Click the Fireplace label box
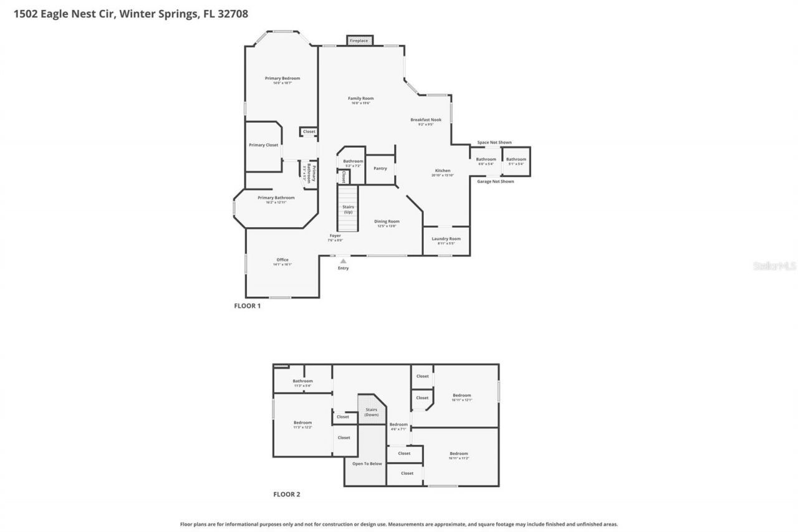358,41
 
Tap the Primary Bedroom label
282,79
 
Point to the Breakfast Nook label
426,120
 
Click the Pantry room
380,168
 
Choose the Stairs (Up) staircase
348,210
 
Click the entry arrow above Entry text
343,261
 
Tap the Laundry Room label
446,239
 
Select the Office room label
282,260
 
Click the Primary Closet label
263,145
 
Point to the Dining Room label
387,221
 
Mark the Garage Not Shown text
495,181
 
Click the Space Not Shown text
494,143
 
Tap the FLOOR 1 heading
247,306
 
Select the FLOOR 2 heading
287,495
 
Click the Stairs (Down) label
372,412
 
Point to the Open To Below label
367,464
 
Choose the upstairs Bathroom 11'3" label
302,381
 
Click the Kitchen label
443,171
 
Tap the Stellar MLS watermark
774,266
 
